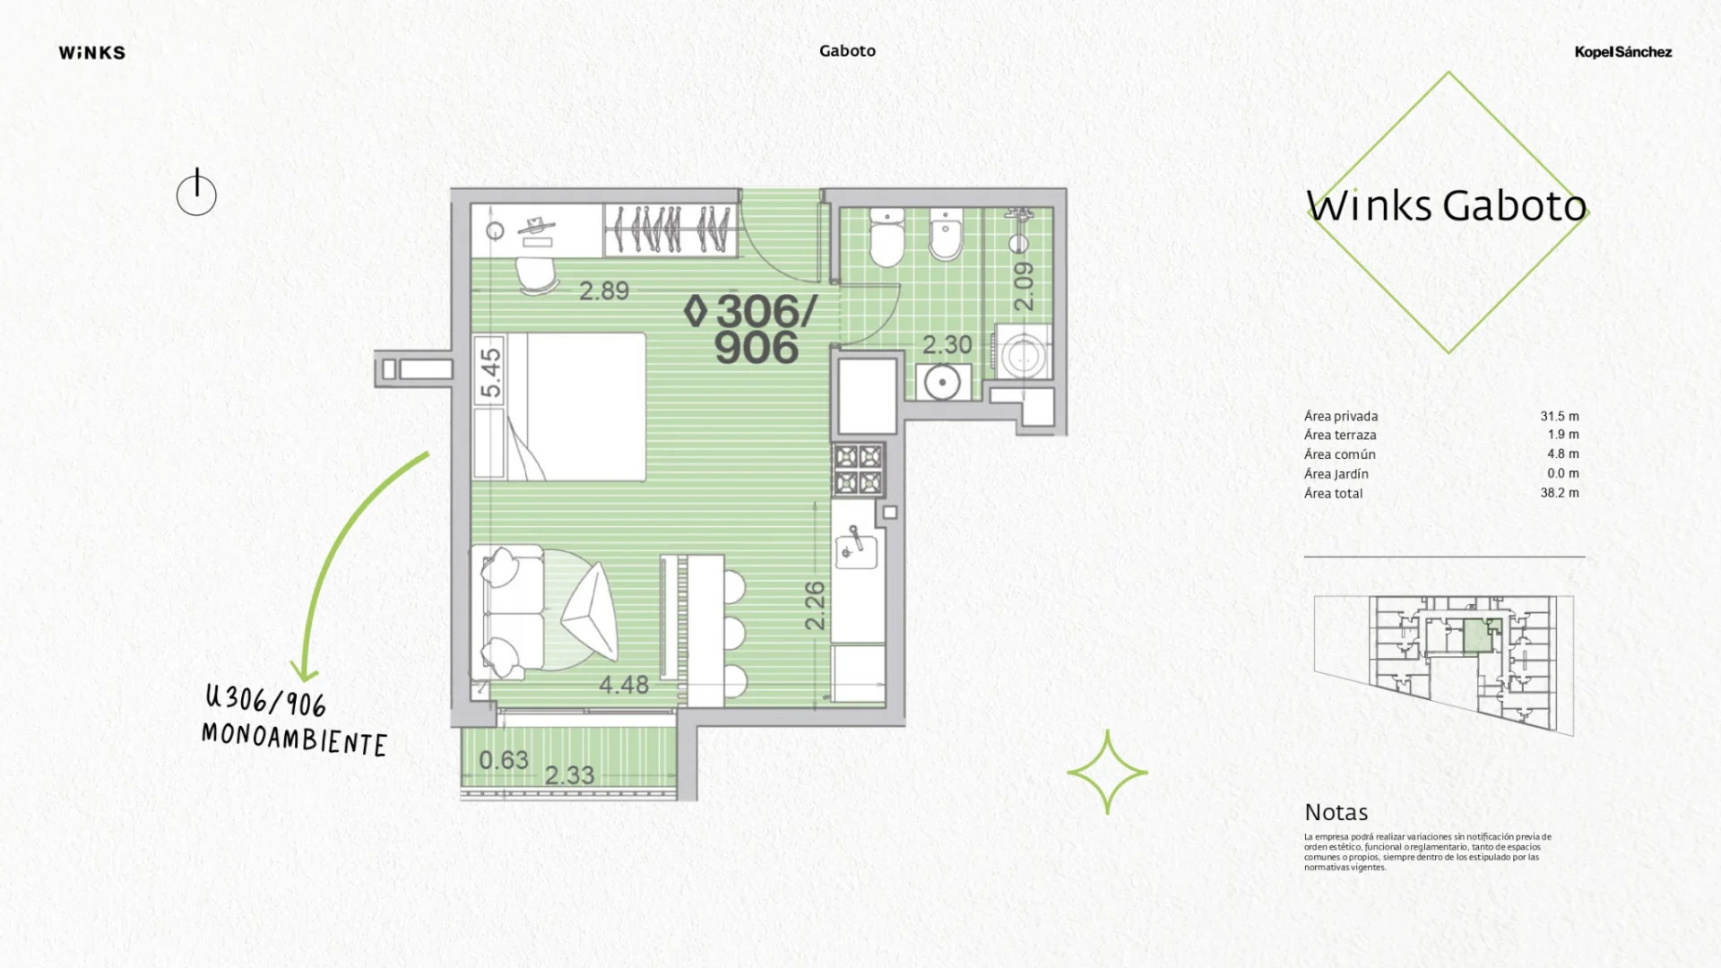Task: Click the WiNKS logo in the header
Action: coord(92,53)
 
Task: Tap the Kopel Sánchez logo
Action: coord(1622,52)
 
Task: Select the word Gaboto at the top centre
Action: coord(847,51)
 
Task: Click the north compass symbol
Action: coord(196,193)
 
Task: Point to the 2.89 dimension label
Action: coord(604,290)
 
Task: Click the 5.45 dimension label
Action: coord(490,372)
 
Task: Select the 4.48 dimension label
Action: coord(624,685)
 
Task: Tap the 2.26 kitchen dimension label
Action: coord(815,605)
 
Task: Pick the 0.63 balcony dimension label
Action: coord(504,760)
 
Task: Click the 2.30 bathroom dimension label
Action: coord(947,344)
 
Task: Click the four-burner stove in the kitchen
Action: coord(859,470)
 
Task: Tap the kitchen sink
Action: coord(856,546)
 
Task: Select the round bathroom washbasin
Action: coord(942,383)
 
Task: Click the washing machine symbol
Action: coord(1022,354)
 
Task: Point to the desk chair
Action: coord(537,276)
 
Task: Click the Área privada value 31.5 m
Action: coord(1560,416)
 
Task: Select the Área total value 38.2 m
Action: coord(1560,493)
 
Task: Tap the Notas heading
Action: coord(1336,812)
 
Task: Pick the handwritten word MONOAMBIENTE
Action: coord(294,739)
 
